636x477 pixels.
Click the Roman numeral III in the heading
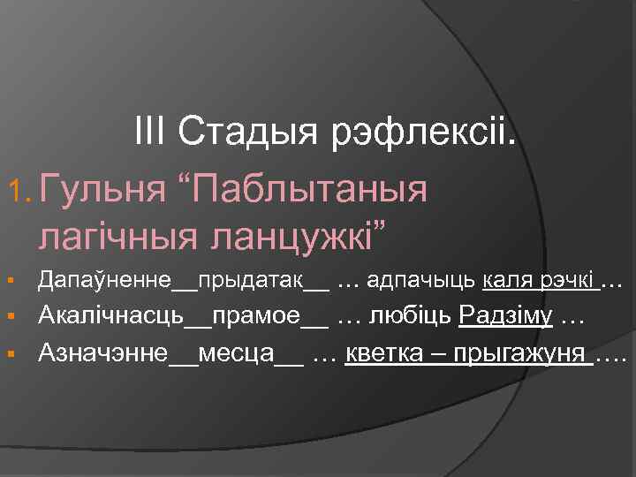[152, 134]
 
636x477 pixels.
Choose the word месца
[236, 354]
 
